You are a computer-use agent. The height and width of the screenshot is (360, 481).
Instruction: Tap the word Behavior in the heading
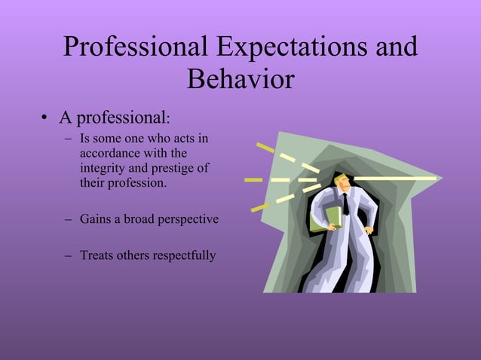240,79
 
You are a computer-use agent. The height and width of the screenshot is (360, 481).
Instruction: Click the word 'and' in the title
395,47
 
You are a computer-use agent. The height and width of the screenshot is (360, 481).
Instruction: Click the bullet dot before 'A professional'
45,119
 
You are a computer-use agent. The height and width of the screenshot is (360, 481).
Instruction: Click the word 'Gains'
95,219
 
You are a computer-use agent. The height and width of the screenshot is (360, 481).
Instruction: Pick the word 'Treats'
97,255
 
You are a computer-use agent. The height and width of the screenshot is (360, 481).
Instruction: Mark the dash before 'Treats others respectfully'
69,256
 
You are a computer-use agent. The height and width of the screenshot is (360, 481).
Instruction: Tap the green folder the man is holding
322,219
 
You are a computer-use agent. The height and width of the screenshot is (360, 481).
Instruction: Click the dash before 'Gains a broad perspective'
69,220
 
